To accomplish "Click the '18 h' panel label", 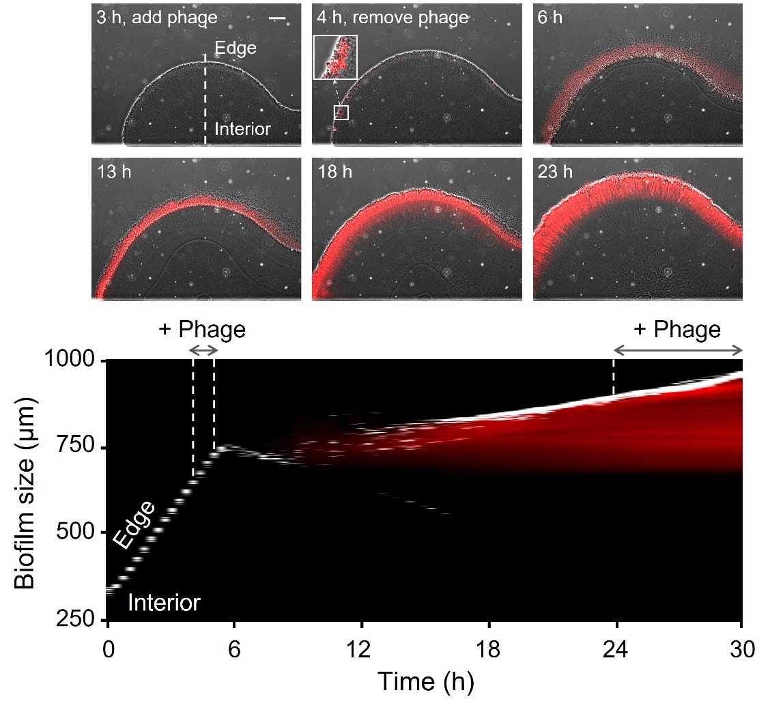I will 334,171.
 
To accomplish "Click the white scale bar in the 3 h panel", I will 277,18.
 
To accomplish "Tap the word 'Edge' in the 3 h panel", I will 235,48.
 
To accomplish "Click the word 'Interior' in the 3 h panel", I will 242,128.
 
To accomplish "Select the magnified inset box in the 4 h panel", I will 335,57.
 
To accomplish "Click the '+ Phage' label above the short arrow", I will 201,330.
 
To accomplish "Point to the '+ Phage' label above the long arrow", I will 677,330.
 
